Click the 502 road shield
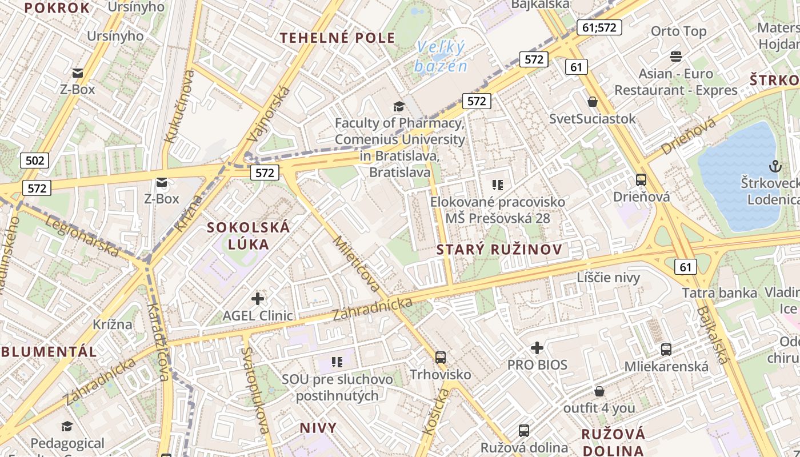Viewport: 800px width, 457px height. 35,161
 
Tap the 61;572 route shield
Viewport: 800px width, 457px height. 599,27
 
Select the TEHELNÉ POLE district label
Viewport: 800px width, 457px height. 337,38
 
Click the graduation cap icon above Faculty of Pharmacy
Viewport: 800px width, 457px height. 399,107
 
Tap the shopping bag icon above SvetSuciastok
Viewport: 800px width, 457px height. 593,102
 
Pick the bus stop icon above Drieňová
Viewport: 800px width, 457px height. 641,180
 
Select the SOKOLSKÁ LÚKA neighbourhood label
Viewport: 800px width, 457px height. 249,235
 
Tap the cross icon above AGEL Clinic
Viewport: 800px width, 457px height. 258,298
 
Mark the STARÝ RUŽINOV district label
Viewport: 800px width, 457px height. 499,250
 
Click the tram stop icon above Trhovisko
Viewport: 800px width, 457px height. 441,358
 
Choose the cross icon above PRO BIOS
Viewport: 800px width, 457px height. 537,347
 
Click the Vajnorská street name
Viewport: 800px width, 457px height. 269,114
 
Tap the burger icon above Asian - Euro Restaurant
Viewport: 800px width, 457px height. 676,56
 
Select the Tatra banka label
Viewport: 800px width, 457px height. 719,293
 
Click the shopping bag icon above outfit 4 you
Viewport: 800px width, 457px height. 599,391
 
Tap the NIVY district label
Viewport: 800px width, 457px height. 318,428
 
